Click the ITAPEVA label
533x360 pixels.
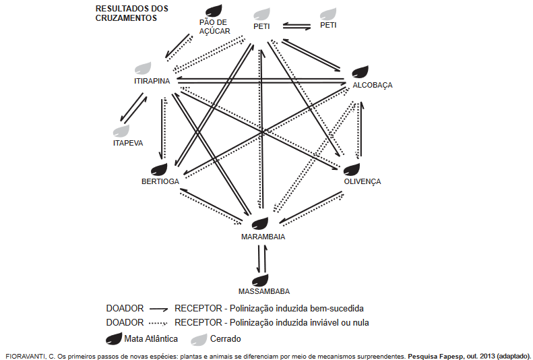point(128,143)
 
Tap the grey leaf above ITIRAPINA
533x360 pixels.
point(143,68)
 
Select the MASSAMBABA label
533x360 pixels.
point(264,291)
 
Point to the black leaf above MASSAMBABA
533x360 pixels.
point(260,280)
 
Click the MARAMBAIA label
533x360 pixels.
point(263,237)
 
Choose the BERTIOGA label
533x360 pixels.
point(160,181)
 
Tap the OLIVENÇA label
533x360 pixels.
point(363,181)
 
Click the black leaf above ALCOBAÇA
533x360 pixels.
point(360,72)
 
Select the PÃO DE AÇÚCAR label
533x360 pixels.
point(214,26)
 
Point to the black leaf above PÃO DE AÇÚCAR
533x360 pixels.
point(214,11)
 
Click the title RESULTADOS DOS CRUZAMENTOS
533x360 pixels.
point(132,13)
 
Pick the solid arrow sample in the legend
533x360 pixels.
point(159,309)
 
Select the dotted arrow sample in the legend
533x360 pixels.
point(159,323)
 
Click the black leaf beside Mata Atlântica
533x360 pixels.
point(114,339)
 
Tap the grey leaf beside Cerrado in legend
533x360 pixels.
point(199,339)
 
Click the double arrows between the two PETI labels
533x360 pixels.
point(296,26)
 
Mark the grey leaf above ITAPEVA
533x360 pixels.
point(121,131)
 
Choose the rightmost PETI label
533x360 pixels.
point(328,25)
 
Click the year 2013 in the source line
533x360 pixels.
point(487,357)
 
